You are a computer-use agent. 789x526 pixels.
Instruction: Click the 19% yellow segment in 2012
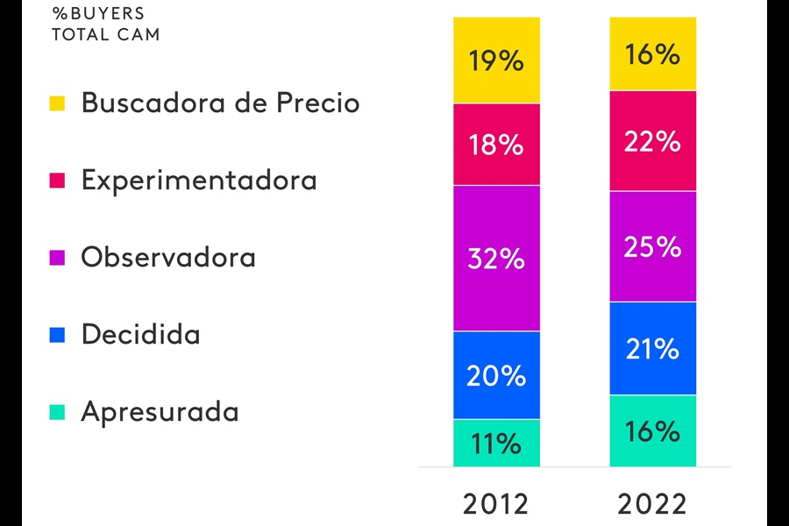[496, 60]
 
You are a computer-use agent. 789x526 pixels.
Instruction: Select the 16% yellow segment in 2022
[653, 53]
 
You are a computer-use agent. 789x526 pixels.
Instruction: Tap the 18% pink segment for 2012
[496, 145]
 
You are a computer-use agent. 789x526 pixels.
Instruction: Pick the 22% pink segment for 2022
[653, 140]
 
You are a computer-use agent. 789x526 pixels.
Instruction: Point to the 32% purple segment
[496, 258]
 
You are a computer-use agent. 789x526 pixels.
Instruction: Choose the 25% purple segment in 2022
[653, 246]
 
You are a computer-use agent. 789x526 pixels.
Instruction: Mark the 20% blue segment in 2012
[496, 375]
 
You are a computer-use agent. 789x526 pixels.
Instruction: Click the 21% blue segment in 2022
[653, 349]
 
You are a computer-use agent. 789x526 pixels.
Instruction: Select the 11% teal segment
[496, 443]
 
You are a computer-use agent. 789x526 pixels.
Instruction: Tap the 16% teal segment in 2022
[653, 430]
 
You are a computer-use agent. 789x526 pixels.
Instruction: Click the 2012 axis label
[496, 505]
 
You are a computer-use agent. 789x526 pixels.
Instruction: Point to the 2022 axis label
[652, 505]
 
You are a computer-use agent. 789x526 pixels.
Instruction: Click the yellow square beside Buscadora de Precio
[58, 103]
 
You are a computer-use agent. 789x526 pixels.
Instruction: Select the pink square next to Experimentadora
[58, 181]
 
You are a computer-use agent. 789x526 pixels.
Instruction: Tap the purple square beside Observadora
[58, 258]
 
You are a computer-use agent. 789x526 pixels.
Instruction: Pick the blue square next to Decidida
[58, 335]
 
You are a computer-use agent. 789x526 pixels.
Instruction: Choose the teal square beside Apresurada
[58, 412]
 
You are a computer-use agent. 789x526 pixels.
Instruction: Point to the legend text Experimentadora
[199, 181]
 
